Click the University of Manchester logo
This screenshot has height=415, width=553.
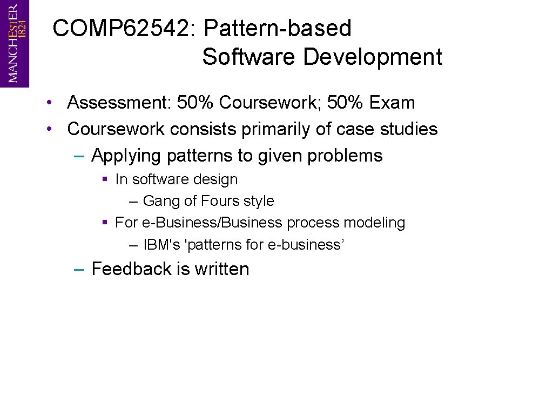coord(15,43)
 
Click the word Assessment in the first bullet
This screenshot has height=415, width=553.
coord(114,102)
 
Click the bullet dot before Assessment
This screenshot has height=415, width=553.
coord(49,103)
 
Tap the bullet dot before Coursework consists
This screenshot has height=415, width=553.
coord(49,129)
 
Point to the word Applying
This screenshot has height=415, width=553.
coord(126,156)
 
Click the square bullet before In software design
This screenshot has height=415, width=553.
coord(105,179)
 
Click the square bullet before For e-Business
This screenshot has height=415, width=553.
coord(105,223)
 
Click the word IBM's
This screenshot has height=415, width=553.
coord(161,245)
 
